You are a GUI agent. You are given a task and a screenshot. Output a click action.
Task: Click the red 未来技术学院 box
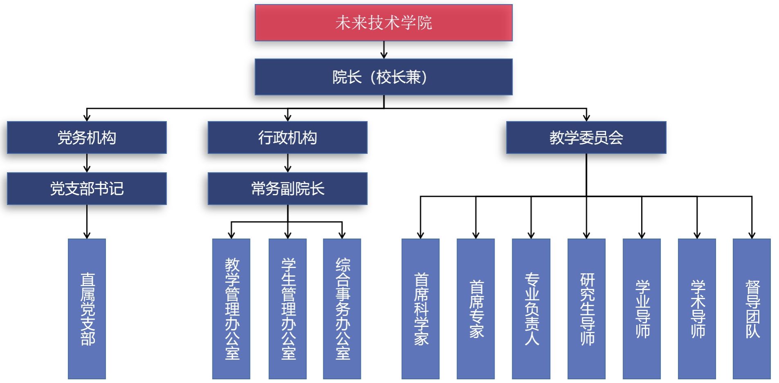coord(383,23)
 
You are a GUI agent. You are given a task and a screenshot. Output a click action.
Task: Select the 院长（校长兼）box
coord(383,77)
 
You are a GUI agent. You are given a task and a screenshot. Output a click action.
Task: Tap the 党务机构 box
coord(87,137)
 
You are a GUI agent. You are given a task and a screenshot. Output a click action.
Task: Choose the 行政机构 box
coord(287,137)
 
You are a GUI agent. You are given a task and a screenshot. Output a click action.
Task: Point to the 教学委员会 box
coord(586,137)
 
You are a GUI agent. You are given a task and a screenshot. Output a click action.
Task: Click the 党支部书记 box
coord(87,189)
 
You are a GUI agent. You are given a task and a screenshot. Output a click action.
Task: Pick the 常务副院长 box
coord(287,189)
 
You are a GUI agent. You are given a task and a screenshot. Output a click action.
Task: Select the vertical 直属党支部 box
coord(87,309)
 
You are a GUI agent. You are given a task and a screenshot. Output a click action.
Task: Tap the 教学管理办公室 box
coord(231,309)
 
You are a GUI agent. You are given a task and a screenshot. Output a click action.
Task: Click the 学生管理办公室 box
coord(288,309)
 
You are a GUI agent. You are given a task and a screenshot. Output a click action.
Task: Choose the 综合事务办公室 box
coord(342,309)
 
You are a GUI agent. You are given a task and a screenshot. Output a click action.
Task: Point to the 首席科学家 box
coord(421,309)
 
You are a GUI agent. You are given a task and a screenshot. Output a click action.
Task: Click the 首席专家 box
coord(476,309)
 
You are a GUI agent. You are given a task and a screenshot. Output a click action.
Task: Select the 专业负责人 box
coord(531,309)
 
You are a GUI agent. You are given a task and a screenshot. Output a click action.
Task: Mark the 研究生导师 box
coord(586,309)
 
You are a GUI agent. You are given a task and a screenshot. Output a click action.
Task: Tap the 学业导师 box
coord(642,309)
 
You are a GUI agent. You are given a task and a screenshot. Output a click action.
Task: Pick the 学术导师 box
coord(697,309)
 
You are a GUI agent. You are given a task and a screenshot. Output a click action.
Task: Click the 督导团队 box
coord(752,309)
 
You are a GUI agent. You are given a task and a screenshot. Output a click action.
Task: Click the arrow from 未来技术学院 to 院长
coord(384,50)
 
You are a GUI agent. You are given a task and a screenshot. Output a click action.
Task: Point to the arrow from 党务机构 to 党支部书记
coord(87,163)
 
